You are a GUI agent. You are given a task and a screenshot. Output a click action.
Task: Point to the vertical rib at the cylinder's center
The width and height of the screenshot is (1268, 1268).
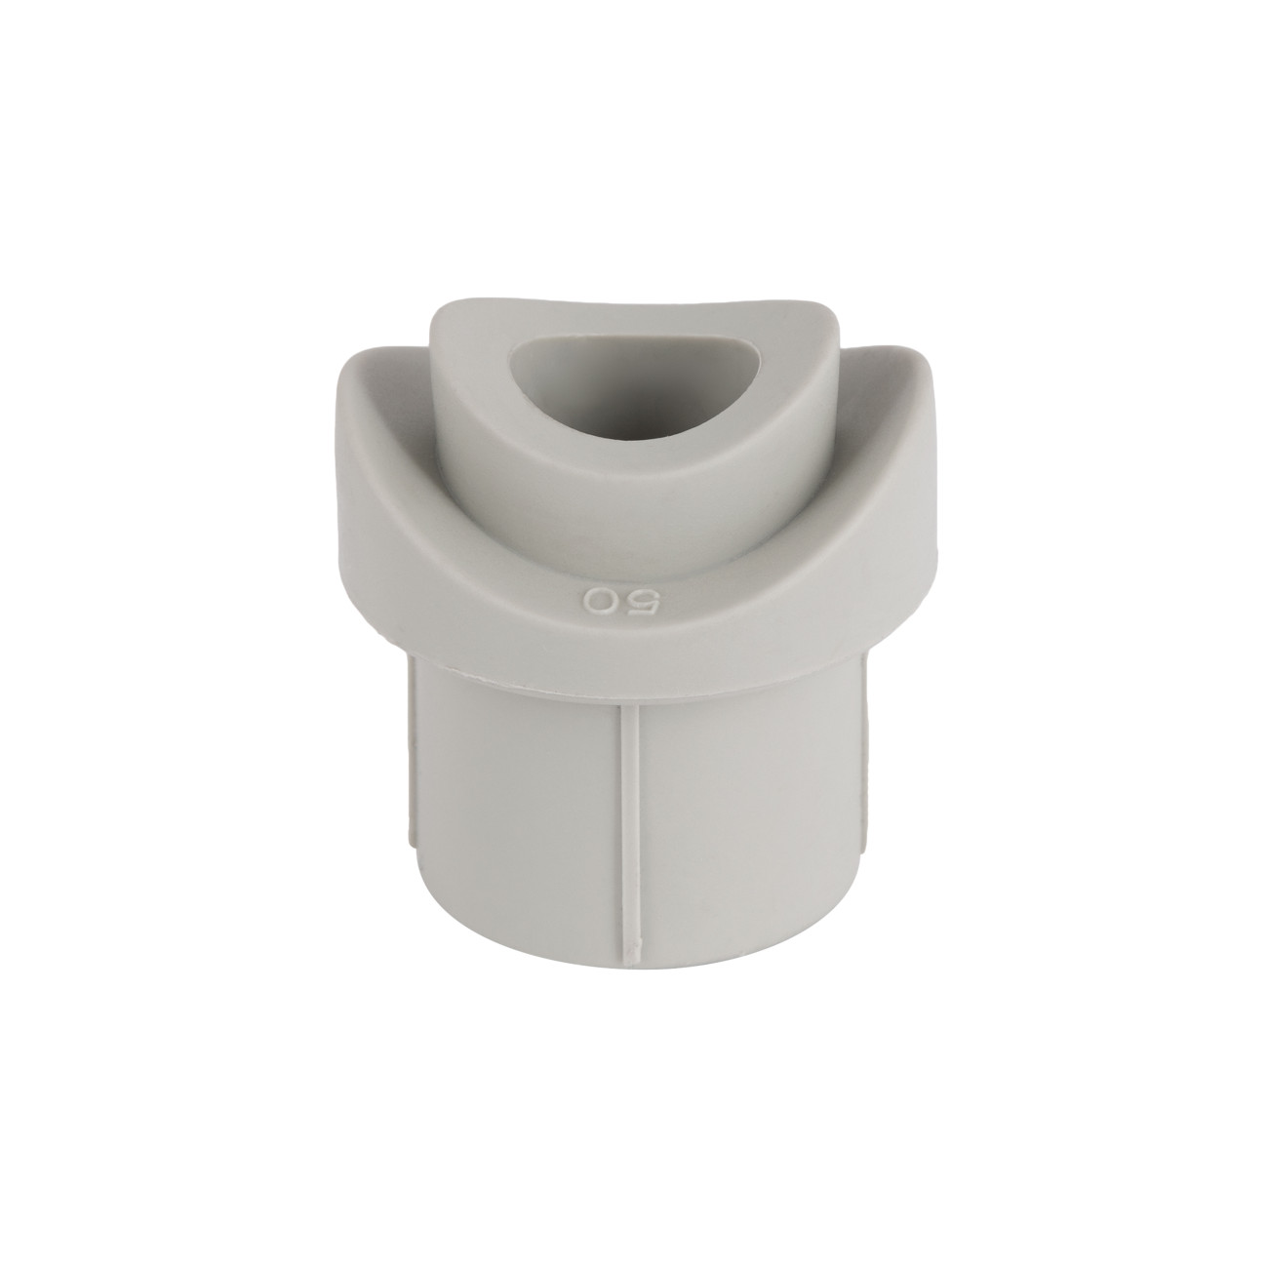[630, 830]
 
